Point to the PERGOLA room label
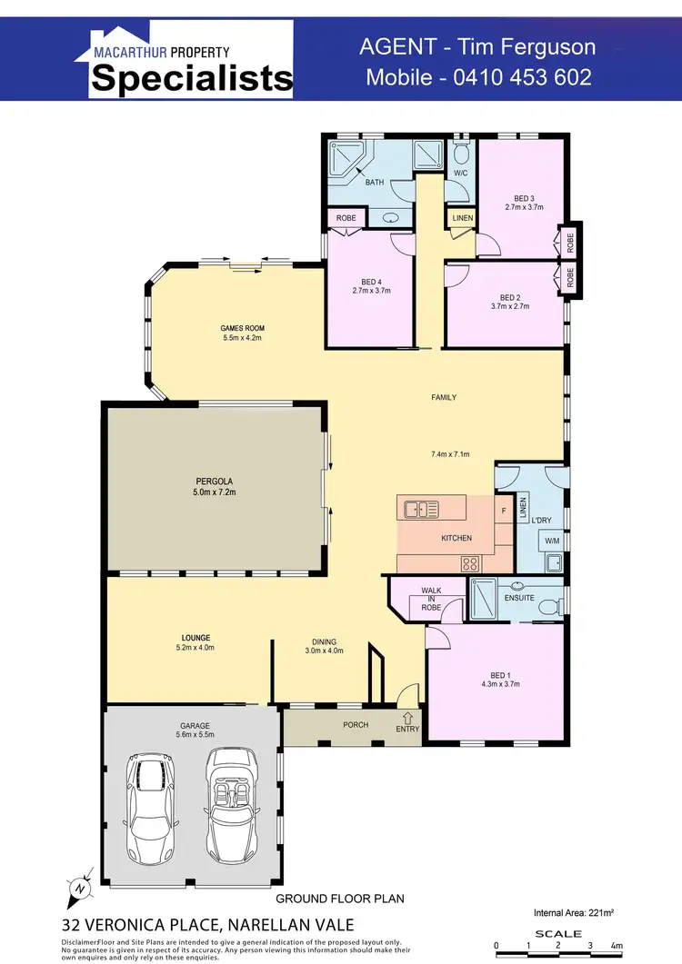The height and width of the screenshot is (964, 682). tap(215, 487)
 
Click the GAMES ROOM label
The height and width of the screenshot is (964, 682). tap(242, 333)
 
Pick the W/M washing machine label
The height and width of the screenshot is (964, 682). tap(552, 542)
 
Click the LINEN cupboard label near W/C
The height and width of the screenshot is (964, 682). tap(462, 218)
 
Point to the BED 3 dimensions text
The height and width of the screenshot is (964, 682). tap(524, 207)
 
